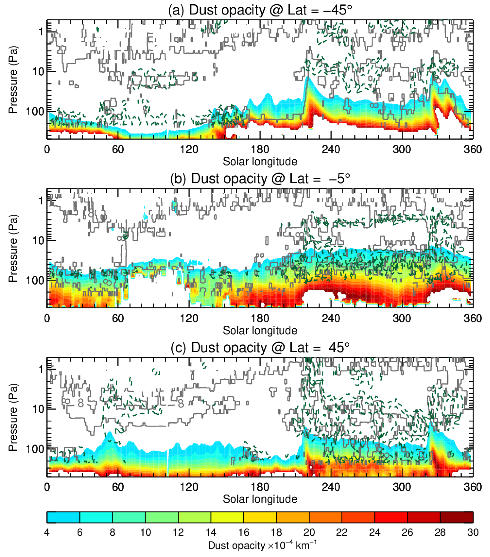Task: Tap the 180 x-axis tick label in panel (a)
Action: click(x=260, y=149)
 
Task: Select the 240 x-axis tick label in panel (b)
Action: click(x=331, y=318)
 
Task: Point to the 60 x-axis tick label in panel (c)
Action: click(x=118, y=487)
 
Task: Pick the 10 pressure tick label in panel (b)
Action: click(x=38, y=240)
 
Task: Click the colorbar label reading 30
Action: click(x=473, y=532)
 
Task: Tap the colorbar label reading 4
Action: click(x=47, y=532)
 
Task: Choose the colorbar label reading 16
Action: click(x=244, y=532)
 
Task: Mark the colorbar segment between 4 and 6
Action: click(x=63, y=517)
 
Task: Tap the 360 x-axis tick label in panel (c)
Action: click(x=473, y=487)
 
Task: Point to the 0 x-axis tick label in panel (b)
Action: click(x=47, y=318)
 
